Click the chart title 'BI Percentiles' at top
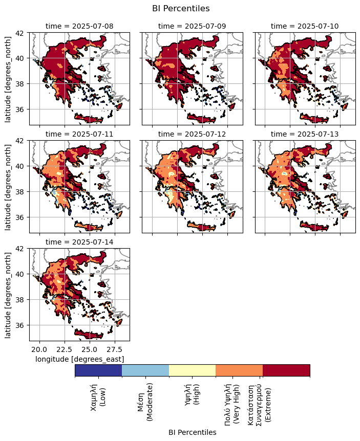tap(181, 8)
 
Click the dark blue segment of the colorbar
tap(98, 370)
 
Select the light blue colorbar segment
tap(145, 370)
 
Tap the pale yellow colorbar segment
tap(193, 370)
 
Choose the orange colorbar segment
tap(239, 370)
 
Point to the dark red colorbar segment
tap(286, 370)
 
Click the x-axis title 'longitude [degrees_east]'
tap(79, 359)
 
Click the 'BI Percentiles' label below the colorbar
tap(192, 432)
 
